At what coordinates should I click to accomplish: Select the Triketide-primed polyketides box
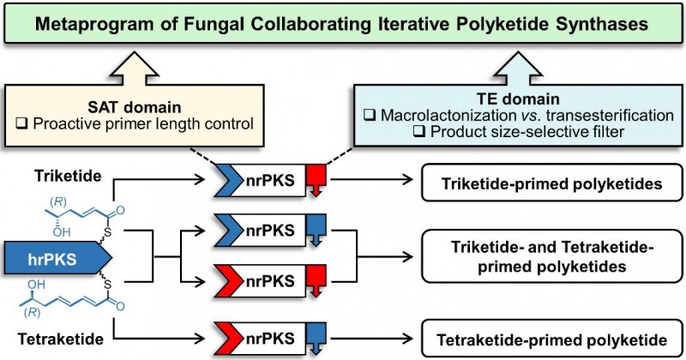550,183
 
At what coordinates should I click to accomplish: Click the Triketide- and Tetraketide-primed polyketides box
550,256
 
